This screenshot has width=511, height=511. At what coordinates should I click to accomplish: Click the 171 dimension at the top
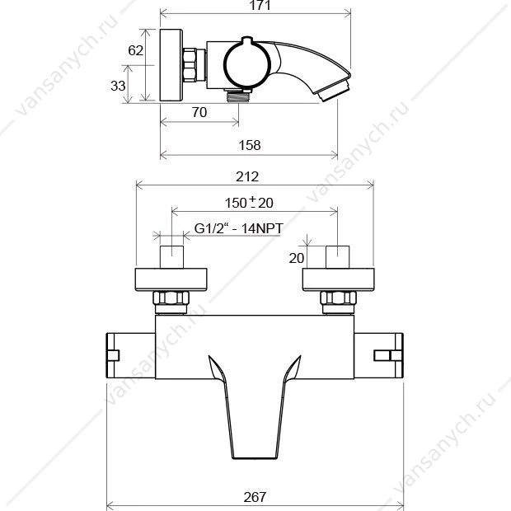click(x=260, y=5)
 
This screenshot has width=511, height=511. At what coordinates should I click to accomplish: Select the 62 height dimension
click(x=135, y=50)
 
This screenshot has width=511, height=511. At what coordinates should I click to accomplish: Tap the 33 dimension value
click(x=118, y=86)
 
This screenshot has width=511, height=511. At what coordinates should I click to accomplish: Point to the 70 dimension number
click(x=199, y=112)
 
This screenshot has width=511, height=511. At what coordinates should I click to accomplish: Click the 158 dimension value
click(x=250, y=145)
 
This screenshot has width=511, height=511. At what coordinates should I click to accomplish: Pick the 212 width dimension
click(x=247, y=177)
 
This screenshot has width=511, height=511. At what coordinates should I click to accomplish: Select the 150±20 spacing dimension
click(x=249, y=203)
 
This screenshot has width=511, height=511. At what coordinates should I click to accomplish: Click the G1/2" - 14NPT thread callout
click(x=238, y=228)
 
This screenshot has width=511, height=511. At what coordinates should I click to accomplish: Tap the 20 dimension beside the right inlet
click(x=297, y=258)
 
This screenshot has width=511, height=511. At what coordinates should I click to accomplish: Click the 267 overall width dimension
click(x=255, y=497)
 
